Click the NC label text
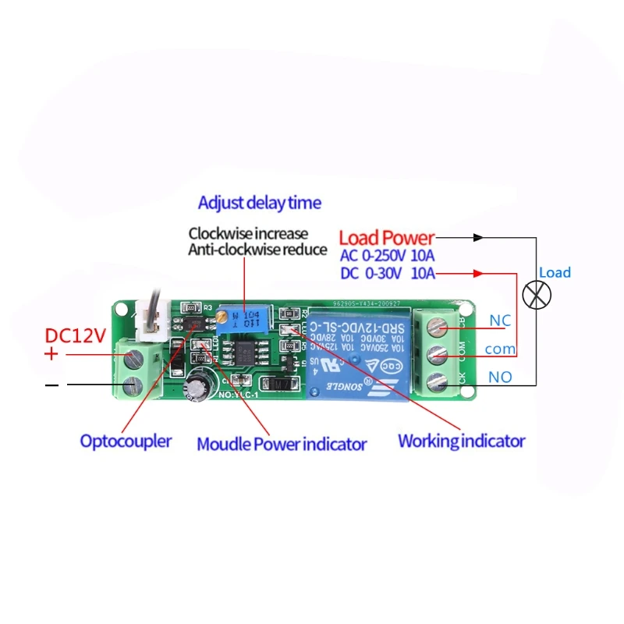pos(499,321)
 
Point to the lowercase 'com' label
pos(500,349)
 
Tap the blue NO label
pos(499,377)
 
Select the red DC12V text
pos(75,336)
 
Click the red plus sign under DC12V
pos(51,354)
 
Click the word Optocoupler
pos(126,441)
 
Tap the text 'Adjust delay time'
pos(259,203)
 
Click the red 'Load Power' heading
pos(386,237)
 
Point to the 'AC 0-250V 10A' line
pos(388,255)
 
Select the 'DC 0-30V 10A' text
pos(388,273)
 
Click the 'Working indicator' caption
pos(461,441)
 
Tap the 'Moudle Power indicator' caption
pos(282,444)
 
